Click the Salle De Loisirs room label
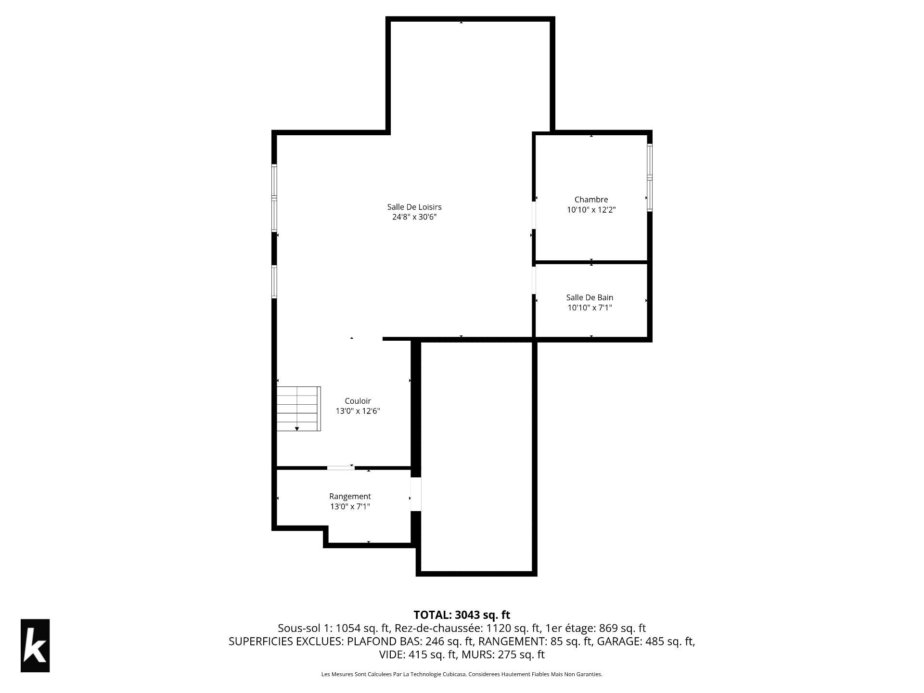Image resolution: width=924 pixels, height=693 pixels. (414, 207)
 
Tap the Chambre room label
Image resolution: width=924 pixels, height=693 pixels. (591, 199)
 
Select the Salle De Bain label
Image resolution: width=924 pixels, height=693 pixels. (590, 297)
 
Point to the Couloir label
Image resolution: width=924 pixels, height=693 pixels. (358, 401)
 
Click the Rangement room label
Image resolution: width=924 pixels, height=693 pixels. (350, 496)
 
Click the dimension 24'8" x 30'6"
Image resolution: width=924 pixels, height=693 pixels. (414, 217)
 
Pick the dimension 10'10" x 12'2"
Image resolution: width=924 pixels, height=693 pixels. (591, 210)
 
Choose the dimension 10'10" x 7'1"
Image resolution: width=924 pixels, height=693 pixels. (590, 308)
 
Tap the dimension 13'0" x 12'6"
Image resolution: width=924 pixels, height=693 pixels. (358, 411)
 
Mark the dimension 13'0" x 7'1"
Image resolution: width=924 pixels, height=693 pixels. (350, 506)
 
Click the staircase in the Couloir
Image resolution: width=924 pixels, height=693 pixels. (298, 409)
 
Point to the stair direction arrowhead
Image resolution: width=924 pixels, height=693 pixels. (297, 428)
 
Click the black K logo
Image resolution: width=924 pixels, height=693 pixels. (35, 645)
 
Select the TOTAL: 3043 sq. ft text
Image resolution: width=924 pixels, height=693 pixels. (462, 615)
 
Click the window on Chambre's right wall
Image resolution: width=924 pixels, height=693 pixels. (650, 177)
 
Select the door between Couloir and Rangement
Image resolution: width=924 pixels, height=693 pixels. (341, 467)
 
